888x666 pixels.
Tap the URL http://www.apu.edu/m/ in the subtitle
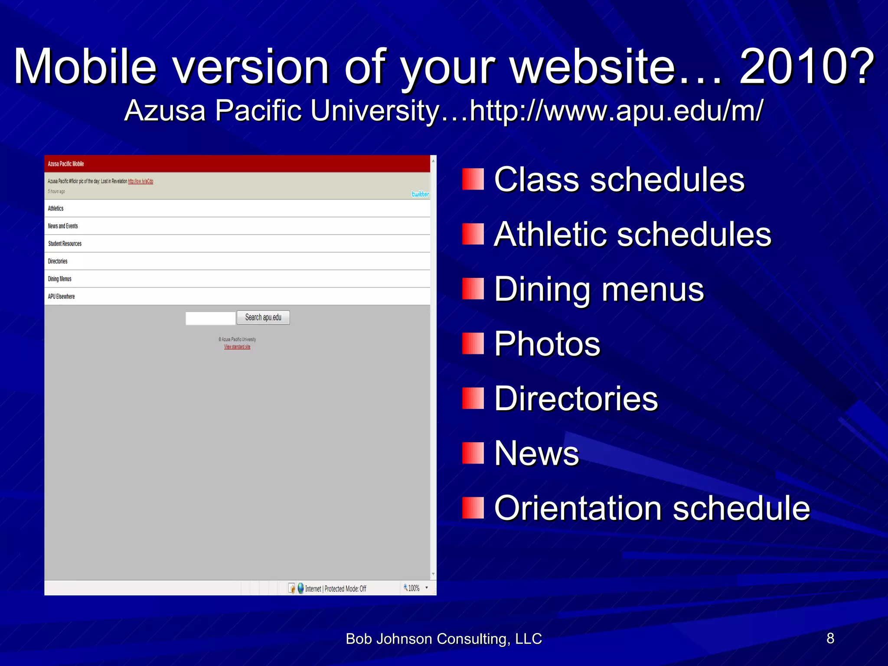(616, 111)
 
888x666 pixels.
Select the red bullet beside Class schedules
(473, 179)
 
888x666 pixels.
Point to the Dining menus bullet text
(599, 289)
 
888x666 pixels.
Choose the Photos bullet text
(547, 344)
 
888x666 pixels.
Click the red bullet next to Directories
(473, 398)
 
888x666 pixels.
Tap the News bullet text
(536, 453)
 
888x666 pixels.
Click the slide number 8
(830, 638)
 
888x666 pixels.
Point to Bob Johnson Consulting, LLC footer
(444, 639)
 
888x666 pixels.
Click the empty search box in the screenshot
(210, 318)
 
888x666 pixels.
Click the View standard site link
(237, 347)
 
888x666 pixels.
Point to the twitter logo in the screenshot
(420, 194)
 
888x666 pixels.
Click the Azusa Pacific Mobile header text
(66, 164)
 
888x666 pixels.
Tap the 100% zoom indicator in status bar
(413, 588)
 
